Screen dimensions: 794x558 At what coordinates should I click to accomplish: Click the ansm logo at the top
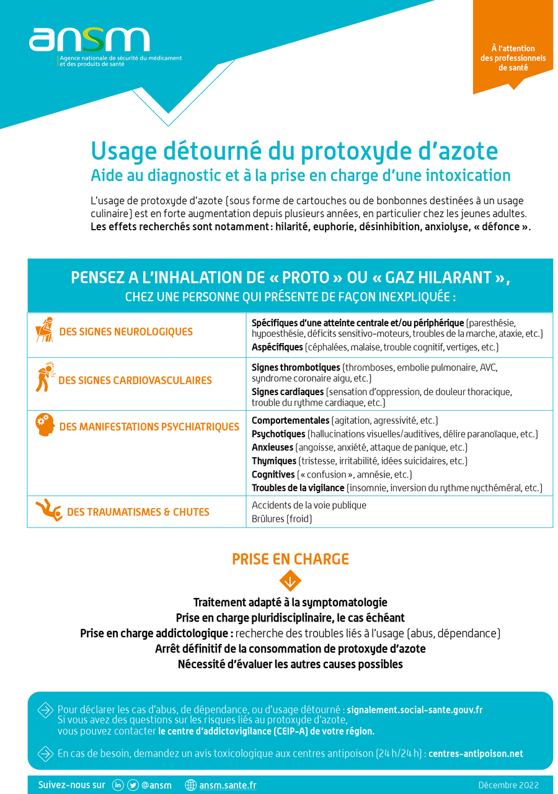(90, 40)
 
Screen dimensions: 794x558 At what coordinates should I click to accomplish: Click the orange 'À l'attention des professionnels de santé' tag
(513, 58)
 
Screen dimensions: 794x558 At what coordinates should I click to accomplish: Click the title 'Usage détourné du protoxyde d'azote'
(294, 151)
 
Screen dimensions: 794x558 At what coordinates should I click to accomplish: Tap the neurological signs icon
(44, 330)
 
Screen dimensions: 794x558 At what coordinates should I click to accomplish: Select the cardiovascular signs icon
(44, 377)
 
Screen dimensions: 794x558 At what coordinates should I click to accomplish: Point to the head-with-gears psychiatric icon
(45, 425)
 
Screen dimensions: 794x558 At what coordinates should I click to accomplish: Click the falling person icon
(48, 511)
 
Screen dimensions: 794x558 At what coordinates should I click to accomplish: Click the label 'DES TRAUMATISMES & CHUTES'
(138, 512)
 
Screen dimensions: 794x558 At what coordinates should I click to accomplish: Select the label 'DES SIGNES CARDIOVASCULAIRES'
(135, 380)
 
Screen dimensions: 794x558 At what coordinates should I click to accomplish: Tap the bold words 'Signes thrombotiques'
(296, 367)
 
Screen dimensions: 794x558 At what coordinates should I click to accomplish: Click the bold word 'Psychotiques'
(278, 434)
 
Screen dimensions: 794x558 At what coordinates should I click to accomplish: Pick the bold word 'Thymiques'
(273, 461)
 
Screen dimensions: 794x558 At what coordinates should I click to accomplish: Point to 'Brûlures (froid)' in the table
(281, 519)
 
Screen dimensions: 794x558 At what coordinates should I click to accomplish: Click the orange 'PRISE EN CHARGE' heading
(290, 559)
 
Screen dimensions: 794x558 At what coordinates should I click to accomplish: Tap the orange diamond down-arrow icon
(290, 581)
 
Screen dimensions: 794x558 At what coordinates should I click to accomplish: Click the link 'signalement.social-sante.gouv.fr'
(414, 710)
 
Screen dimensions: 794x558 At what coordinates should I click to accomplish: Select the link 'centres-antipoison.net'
(476, 754)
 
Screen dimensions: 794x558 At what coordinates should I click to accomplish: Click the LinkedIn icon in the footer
(118, 785)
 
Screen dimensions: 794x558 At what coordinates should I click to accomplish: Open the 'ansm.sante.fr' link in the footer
(228, 785)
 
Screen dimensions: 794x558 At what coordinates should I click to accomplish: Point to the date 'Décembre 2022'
(508, 785)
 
